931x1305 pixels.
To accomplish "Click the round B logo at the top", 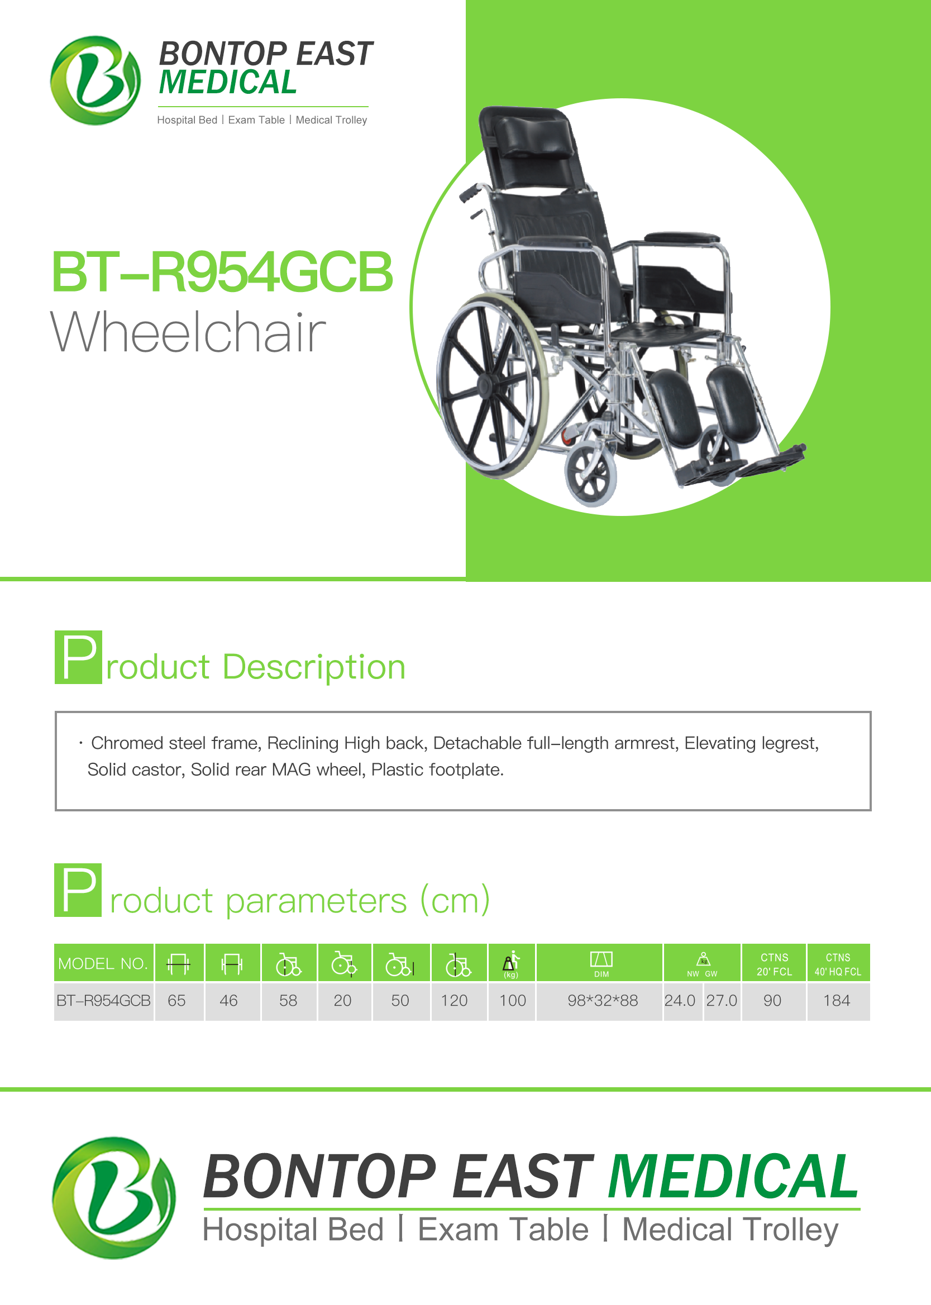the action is pos(95,80).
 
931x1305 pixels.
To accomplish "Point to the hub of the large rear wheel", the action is pos(486,385).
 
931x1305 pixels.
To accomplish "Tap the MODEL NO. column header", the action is pos(103,963).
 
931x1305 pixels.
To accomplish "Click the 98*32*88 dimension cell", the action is pos(603,1001).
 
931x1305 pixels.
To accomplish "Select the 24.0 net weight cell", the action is pos(680,1001).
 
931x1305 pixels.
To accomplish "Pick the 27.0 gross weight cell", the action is pos(721,1001).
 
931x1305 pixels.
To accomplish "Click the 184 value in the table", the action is pos(837,1001).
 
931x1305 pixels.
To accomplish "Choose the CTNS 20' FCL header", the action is pos(775,964).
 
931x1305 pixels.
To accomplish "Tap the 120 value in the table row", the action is pos(454,1001).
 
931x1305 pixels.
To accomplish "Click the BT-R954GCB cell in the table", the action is pos(103,1001).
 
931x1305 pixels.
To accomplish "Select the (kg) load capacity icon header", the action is pos(511,964).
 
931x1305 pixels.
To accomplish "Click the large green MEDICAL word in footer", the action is pos(733,1176).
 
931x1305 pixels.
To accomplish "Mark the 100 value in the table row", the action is pos(513,1001).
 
